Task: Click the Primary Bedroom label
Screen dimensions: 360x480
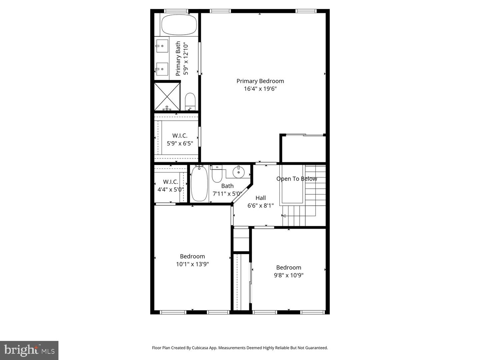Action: (260, 81)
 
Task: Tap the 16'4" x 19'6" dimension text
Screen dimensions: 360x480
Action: (260, 89)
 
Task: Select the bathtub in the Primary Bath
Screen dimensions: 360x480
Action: (179, 25)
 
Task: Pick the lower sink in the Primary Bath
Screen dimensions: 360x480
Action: (162, 69)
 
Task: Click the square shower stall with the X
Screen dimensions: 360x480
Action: (167, 97)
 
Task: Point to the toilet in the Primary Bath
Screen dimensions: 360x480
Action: (190, 101)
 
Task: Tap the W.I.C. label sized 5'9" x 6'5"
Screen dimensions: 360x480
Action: (180, 136)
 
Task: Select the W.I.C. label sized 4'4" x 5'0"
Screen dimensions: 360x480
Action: (170, 182)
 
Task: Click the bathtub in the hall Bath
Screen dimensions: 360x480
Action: (199, 184)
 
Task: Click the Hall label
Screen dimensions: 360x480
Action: (260, 198)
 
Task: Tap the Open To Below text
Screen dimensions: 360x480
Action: (296, 179)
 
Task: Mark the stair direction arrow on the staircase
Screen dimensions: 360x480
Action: (284, 216)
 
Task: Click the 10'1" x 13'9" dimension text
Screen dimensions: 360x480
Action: (192, 264)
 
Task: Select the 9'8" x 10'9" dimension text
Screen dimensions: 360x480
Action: (288, 275)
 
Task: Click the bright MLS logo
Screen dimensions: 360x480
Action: (29, 350)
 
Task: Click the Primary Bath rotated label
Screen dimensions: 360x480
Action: (178, 58)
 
